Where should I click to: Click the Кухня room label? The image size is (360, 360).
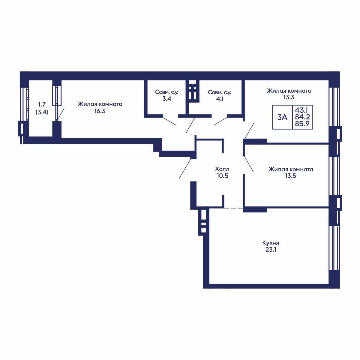coord(271,243)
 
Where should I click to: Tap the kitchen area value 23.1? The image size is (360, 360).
coord(271,250)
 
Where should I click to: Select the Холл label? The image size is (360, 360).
coord(222,169)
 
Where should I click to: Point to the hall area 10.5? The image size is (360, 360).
coord(223,176)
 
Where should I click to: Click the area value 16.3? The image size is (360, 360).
coord(100,111)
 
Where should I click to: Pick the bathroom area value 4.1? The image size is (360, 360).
coord(220,99)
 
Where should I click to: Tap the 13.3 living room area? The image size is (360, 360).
coord(289,97)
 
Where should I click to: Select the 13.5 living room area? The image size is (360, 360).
coord(291,176)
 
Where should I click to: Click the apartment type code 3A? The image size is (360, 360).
coord(282,117)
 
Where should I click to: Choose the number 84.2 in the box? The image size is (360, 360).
coord(302,117)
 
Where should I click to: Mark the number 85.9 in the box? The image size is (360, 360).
coord(302,124)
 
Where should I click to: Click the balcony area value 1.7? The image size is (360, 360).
coord(42,104)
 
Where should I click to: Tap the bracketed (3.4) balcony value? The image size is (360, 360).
coord(42,112)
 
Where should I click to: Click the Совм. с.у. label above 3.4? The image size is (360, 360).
coord(166,92)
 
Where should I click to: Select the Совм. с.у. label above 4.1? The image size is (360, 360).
coord(220,92)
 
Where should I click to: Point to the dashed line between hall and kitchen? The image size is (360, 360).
coord(233,208)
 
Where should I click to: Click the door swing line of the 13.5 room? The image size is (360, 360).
coord(249,164)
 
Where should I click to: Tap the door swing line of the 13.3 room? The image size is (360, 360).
coord(249,131)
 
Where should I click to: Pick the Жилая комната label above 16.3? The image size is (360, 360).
coord(100,104)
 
